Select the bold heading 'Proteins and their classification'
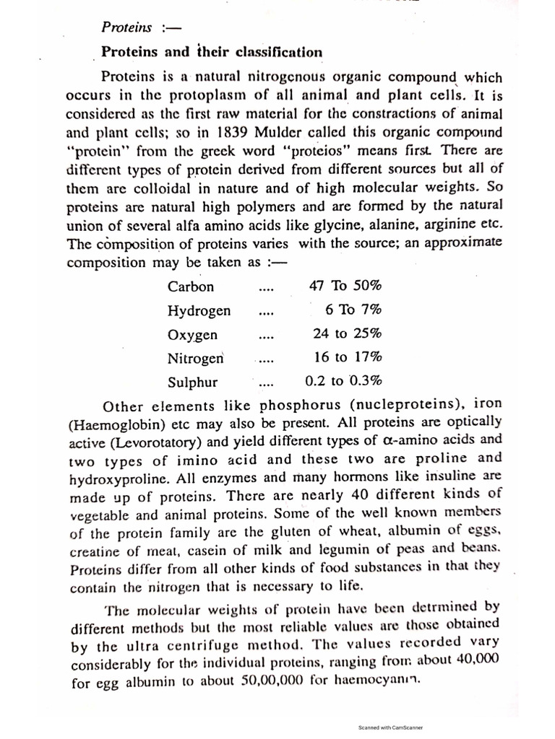point(211,52)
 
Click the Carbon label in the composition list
point(191,287)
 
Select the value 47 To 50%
point(345,285)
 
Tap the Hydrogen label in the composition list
point(199,311)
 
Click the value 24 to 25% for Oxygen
point(346,333)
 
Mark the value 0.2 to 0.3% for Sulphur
point(343,381)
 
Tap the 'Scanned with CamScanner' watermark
point(390,727)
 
